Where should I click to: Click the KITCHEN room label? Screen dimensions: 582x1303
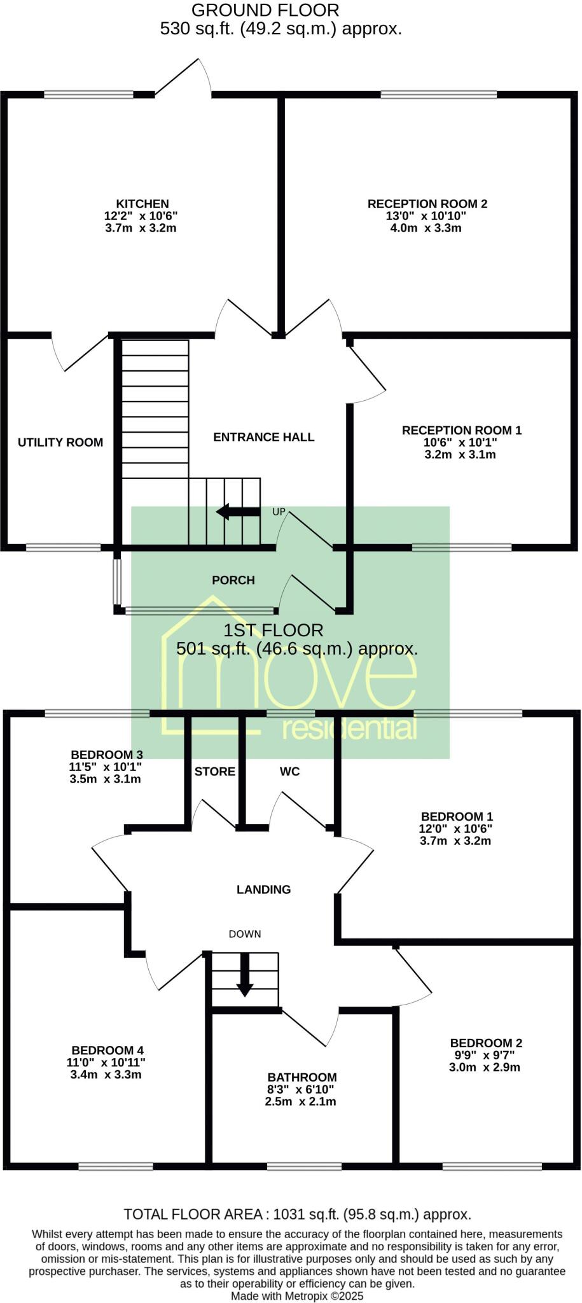[142, 204]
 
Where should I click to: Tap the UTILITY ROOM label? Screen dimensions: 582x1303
[60, 442]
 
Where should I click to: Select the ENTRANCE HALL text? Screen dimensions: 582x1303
[264, 437]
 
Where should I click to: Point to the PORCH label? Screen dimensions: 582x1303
[233, 580]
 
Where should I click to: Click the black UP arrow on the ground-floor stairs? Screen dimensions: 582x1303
[238, 512]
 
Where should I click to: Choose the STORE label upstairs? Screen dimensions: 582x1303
[215, 772]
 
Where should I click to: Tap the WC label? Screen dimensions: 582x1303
[290, 772]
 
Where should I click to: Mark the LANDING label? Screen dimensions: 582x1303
[264, 889]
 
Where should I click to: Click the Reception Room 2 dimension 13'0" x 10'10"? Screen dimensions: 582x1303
[426, 216]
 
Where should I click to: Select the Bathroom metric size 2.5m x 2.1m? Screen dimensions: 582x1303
[301, 1101]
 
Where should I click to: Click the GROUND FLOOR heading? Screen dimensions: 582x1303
[265, 10]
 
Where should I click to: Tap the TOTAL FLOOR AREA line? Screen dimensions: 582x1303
[298, 1214]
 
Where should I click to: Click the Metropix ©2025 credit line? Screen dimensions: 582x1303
[297, 1295]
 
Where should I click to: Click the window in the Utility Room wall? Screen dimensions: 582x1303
[64, 547]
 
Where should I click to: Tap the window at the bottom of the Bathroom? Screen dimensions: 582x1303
[304, 1166]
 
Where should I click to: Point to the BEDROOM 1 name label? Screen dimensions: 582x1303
[457, 816]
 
